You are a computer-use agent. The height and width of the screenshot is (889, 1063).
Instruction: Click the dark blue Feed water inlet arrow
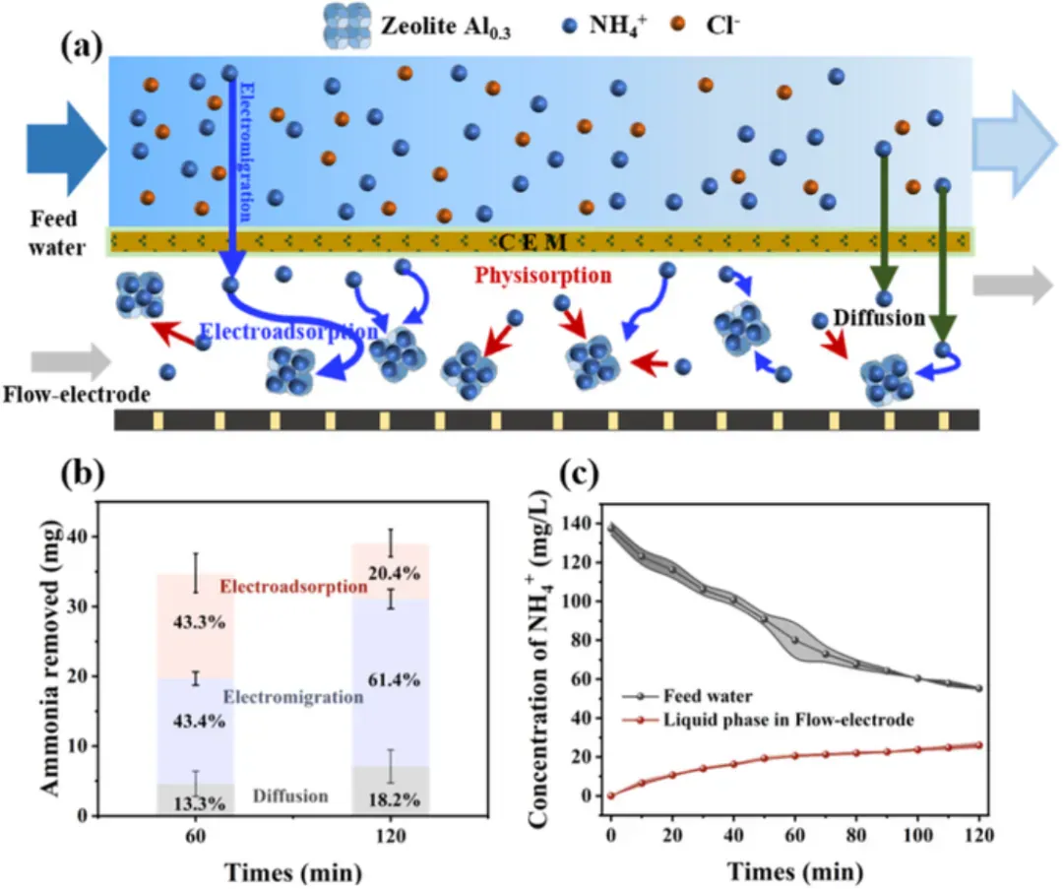(x=67, y=149)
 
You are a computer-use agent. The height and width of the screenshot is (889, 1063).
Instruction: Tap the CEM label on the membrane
(x=532, y=241)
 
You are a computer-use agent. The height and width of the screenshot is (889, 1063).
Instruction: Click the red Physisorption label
(x=543, y=276)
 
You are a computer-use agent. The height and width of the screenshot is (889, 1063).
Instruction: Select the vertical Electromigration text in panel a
(x=246, y=152)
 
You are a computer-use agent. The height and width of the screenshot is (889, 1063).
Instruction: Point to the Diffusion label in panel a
(x=879, y=317)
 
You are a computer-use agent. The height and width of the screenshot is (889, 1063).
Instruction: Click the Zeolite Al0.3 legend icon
(x=347, y=26)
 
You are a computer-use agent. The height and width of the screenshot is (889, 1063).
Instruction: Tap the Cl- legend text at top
(x=722, y=25)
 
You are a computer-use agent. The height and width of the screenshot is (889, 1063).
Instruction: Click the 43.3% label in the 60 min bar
(x=199, y=622)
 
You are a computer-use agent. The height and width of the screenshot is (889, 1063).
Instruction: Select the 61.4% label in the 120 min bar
(x=394, y=678)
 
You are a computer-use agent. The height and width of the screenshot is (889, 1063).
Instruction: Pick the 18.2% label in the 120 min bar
(x=394, y=800)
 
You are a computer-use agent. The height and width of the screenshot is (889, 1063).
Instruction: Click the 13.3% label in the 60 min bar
(x=199, y=803)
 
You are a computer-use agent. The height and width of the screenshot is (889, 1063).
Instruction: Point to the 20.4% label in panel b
(x=394, y=573)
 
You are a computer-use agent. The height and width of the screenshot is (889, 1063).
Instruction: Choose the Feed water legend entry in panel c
(x=687, y=696)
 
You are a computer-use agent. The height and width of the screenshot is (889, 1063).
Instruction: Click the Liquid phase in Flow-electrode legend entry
(x=768, y=720)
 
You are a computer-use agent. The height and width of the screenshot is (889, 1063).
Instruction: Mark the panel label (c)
(x=580, y=474)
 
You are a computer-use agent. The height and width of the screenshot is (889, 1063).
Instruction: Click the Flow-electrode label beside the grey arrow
(x=77, y=394)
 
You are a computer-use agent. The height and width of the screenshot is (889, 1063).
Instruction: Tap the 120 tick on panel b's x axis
(x=391, y=836)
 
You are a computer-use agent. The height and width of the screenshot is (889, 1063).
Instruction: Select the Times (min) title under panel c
(x=795, y=871)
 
